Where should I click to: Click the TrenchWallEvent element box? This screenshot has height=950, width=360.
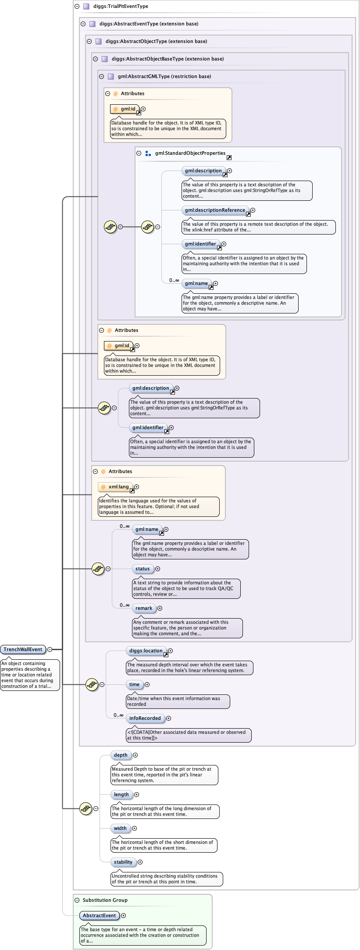[23, 649]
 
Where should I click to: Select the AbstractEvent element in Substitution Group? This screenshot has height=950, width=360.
[100, 915]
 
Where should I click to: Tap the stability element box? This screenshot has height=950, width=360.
[123, 862]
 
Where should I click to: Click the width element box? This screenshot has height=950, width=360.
[120, 828]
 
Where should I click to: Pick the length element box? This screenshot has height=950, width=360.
[121, 794]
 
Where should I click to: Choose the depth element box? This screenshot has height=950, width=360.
[121, 755]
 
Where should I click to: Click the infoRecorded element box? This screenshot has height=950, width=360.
[145, 718]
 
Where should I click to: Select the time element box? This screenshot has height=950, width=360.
[134, 684]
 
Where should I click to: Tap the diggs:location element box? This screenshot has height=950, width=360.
[146, 651]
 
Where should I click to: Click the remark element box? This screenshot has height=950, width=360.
[144, 608]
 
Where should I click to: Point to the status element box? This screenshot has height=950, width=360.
[143, 569]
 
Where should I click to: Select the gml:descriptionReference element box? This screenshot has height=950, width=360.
[215, 210]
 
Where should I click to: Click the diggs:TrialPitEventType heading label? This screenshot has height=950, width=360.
[121, 6]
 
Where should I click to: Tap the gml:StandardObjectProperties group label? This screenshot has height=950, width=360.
[190, 153]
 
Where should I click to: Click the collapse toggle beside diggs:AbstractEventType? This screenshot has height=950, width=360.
[83, 24]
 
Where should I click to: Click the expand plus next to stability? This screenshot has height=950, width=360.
[140, 862]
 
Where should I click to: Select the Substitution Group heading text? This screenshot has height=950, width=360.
[105, 900]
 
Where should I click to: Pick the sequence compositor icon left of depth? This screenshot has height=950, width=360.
[86, 808]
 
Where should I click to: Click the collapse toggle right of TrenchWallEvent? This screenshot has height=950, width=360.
[50, 649]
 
